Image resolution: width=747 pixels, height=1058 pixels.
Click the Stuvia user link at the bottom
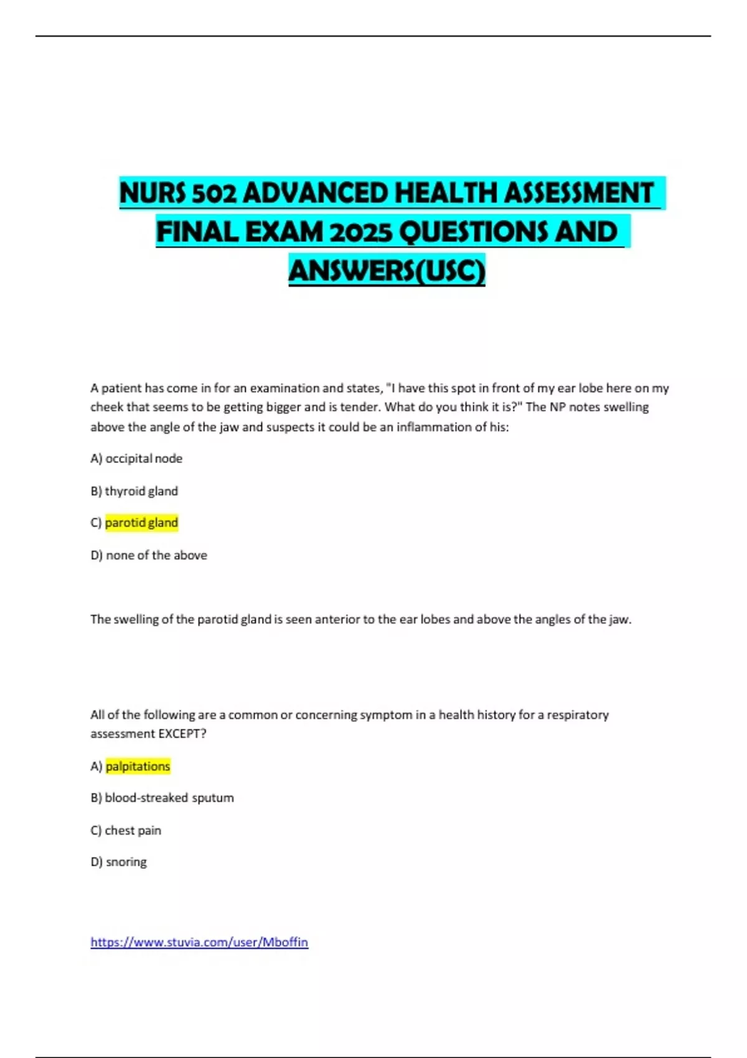pyautogui.click(x=199, y=942)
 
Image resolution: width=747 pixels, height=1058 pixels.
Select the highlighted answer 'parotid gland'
pyautogui.click(x=141, y=523)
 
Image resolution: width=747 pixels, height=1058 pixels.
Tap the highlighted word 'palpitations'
pyautogui.click(x=138, y=766)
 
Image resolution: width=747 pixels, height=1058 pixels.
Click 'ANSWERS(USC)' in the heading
pyautogui.click(x=387, y=271)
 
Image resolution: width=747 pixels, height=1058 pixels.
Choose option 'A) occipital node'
pyautogui.click(x=136, y=459)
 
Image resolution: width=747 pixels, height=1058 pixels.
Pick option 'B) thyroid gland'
pyautogui.click(x=134, y=491)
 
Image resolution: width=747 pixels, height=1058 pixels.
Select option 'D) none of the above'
pyautogui.click(x=149, y=555)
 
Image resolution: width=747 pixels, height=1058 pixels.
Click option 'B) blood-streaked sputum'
pyautogui.click(x=162, y=798)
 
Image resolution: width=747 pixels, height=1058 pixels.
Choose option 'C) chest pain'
pyautogui.click(x=126, y=830)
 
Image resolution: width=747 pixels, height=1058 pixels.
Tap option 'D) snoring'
pyautogui.click(x=118, y=862)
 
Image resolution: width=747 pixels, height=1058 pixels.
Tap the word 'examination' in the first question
pyautogui.click(x=284, y=388)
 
